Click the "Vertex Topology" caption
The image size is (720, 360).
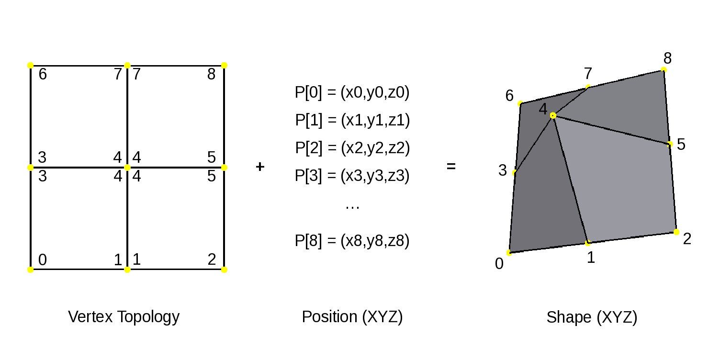pos(124,317)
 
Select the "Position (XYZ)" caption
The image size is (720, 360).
pos(352,317)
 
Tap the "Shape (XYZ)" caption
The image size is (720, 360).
pos(592,317)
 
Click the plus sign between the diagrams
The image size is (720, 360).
pos(260,167)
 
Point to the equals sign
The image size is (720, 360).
pos(451,167)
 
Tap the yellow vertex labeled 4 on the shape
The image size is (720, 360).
pos(553,115)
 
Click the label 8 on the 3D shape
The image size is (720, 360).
pos(667,58)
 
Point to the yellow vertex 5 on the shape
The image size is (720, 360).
pos(670,144)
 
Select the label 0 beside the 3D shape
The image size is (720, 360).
pos(499,264)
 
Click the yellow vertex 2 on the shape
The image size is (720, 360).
pos(676,232)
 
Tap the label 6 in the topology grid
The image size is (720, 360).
pos(43,75)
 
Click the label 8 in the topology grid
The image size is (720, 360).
pos(212,75)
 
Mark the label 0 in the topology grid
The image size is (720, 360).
pos(43,260)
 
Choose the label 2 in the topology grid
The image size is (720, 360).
pos(212,260)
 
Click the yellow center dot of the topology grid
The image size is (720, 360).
pos(127,168)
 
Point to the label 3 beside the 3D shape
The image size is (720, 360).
pos(502,170)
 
